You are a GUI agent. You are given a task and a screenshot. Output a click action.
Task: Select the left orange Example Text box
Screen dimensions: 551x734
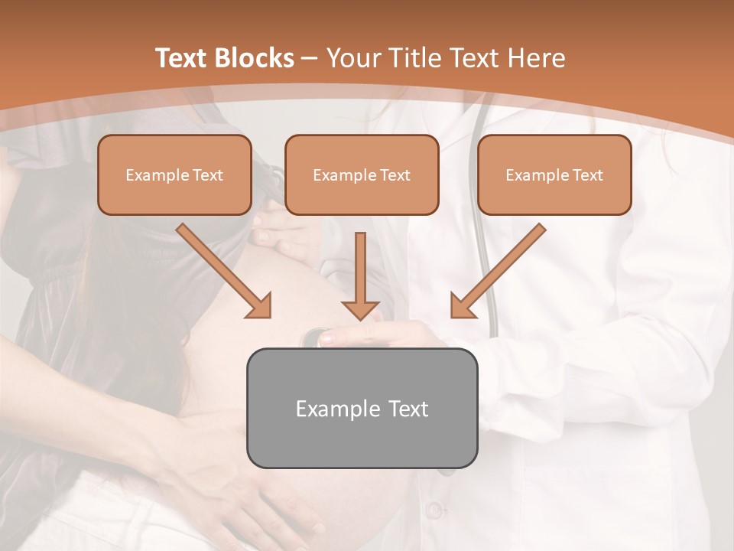pyautogui.click(x=174, y=175)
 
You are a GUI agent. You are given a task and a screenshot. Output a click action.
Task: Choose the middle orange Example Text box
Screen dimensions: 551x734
pyautogui.click(x=362, y=175)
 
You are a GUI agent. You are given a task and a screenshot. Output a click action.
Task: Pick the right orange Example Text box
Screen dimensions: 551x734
pyautogui.click(x=554, y=175)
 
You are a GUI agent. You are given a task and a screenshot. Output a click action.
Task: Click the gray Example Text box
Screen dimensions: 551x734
pyautogui.click(x=362, y=409)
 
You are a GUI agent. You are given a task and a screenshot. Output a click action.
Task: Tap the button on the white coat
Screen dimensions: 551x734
pyautogui.click(x=434, y=510)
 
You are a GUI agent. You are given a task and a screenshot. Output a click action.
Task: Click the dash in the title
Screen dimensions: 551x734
pyautogui.click(x=310, y=58)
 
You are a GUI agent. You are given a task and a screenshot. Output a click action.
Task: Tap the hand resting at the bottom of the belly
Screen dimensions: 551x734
pyautogui.click(x=229, y=490)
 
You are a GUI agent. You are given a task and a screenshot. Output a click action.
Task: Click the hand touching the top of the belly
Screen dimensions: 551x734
pyautogui.click(x=287, y=233)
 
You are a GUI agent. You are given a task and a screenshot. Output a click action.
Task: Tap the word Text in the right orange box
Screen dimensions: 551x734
pyautogui.click(x=587, y=175)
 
